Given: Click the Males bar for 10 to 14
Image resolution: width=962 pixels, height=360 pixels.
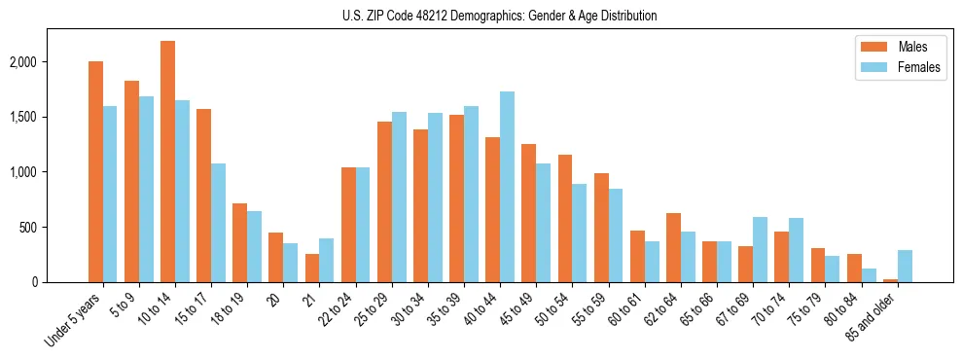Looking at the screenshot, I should [167, 162].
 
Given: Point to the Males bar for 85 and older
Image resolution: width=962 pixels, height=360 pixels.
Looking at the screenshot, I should [890, 280].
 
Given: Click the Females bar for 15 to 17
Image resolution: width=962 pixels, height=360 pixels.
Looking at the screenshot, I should [218, 223].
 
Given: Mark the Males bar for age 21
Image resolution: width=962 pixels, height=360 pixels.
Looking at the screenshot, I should [312, 268].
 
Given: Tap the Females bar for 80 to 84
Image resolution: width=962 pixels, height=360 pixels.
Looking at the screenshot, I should [869, 275].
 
